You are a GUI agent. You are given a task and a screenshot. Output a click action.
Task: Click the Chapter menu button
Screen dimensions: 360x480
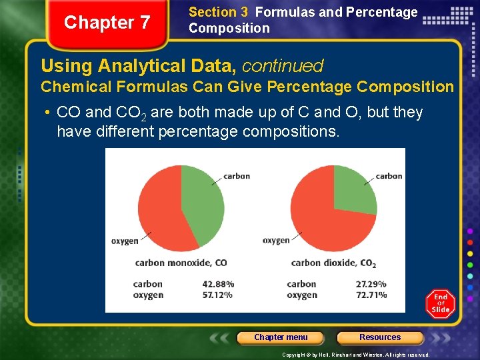281,337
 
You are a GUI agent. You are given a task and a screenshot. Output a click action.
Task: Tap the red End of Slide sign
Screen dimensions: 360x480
440,304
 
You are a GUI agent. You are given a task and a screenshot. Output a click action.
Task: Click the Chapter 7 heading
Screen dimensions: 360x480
107,23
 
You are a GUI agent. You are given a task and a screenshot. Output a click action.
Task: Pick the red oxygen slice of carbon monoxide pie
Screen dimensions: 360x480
163,213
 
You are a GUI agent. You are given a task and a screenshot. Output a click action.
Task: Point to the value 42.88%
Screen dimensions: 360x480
218,284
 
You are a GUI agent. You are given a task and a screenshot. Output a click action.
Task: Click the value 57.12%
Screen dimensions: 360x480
218,295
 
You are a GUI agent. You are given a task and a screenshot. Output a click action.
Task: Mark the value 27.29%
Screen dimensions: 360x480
371,284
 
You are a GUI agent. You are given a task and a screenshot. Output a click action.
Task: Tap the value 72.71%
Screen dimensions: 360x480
371,295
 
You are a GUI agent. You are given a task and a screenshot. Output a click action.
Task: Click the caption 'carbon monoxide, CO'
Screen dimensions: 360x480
181,263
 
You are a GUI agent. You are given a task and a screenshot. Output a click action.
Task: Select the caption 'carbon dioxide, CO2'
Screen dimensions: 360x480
333,263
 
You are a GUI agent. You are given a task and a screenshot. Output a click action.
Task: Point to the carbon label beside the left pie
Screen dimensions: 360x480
237,176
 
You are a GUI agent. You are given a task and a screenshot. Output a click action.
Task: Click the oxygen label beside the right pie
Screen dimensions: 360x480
276,240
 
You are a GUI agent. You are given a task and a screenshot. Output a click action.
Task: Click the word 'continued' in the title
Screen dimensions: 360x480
283,66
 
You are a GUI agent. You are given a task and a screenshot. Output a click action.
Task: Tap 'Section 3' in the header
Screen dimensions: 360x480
213,12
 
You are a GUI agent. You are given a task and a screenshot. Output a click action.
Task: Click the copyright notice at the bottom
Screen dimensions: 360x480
356,355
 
